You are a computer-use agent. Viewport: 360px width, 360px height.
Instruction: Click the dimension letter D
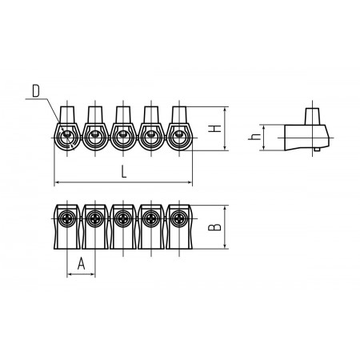click(36, 91)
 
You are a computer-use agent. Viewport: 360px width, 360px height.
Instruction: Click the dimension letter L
click(124, 171)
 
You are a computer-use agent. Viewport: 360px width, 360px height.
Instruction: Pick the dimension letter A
click(81, 264)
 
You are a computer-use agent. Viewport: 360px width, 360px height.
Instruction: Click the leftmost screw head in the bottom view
click(67, 218)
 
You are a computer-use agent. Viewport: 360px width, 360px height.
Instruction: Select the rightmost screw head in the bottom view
click(179, 218)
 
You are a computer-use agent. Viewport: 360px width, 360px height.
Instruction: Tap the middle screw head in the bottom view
click(123, 218)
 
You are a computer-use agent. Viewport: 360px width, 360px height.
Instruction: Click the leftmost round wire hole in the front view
click(67, 138)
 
